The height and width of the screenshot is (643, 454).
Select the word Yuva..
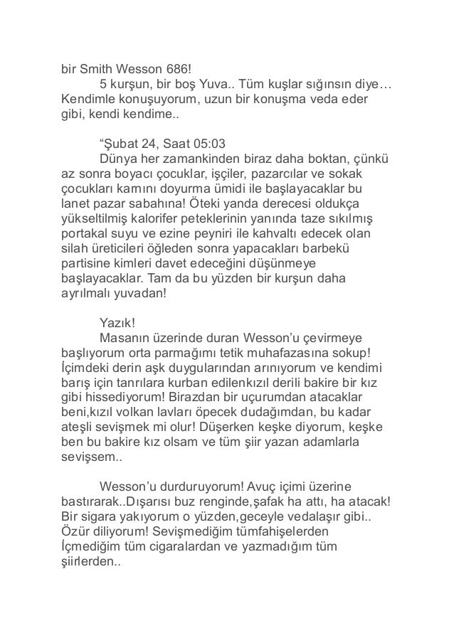point(218,87)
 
